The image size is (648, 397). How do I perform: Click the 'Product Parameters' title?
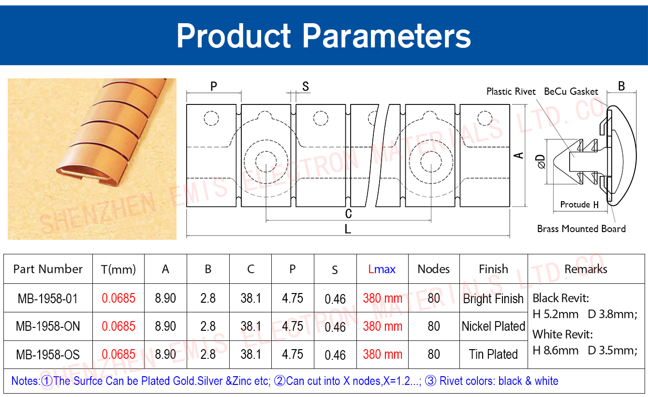(324, 36)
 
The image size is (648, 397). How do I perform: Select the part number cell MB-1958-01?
(48, 298)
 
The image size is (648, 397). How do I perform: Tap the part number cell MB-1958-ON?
(48, 326)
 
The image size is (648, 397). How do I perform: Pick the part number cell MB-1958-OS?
(48, 354)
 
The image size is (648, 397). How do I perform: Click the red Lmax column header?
(382, 269)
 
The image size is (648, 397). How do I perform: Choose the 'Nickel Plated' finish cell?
(493, 326)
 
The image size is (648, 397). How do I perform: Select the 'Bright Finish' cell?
(493, 299)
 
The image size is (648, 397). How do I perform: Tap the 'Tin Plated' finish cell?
(493, 354)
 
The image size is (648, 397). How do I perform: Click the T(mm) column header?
(118, 270)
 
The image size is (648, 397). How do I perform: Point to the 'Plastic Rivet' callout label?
(511, 91)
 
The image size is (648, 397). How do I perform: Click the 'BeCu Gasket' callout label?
(571, 91)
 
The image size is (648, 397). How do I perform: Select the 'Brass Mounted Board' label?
(581, 229)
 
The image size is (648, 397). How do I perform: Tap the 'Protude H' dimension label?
(579, 205)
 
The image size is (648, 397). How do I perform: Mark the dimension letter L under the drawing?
(348, 229)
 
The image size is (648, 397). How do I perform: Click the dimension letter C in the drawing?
(348, 214)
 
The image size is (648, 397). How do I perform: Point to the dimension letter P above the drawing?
(213, 86)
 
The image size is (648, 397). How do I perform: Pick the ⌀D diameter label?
(541, 162)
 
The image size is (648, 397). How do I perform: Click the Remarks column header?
(586, 269)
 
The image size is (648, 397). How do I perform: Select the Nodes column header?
(434, 269)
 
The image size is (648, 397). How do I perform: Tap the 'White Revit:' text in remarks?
(563, 335)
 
